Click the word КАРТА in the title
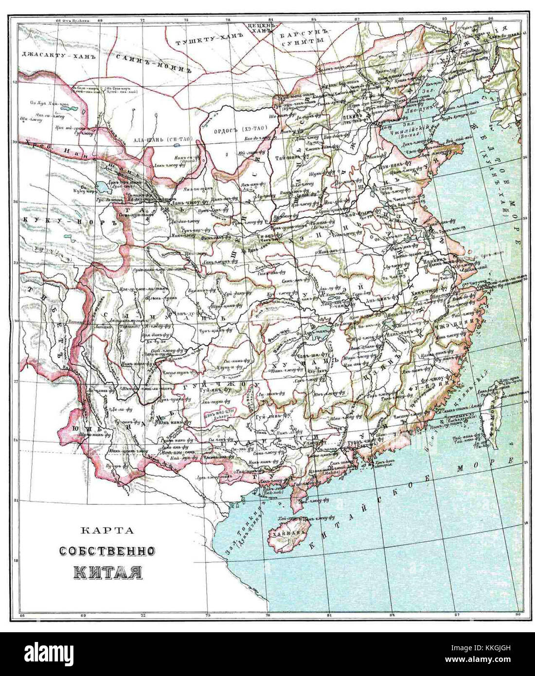click(107, 531)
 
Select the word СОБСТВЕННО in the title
click(107, 551)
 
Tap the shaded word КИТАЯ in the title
click(108, 571)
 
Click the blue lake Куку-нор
click(104, 186)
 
